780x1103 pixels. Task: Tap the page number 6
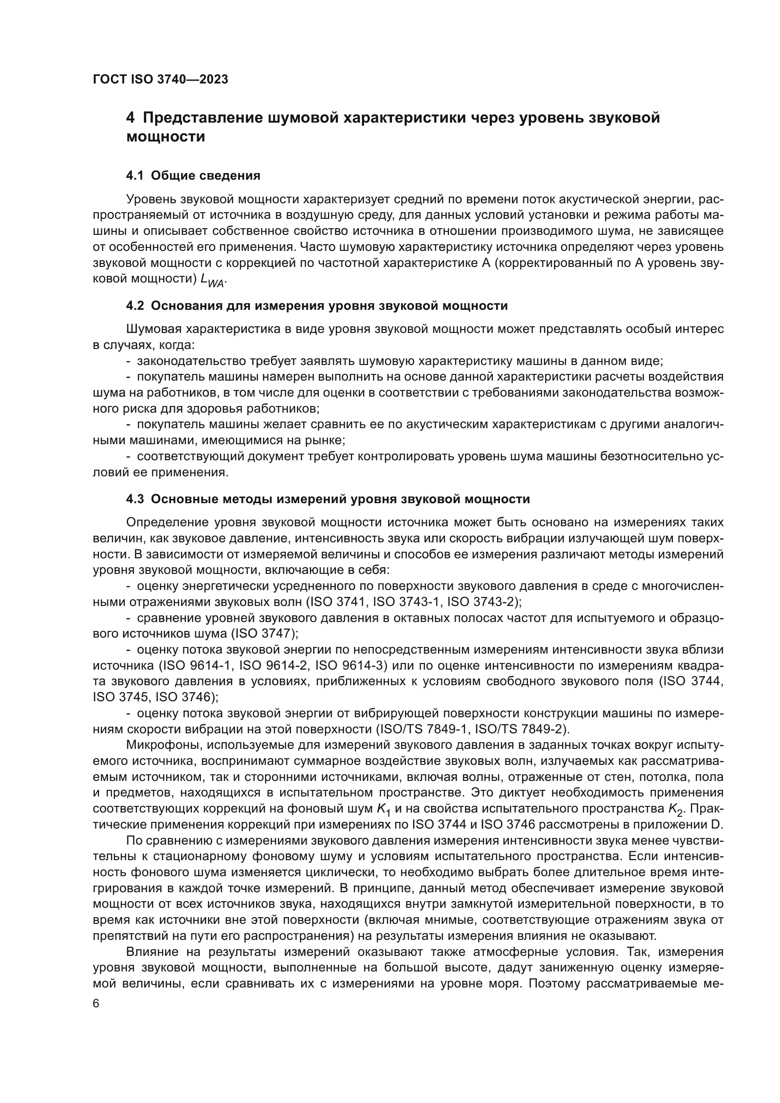96,1003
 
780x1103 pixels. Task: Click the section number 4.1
135,176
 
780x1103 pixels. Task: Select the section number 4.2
135,306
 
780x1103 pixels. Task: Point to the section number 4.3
135,499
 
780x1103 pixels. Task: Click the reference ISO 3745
120,697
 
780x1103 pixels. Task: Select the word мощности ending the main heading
166,137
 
